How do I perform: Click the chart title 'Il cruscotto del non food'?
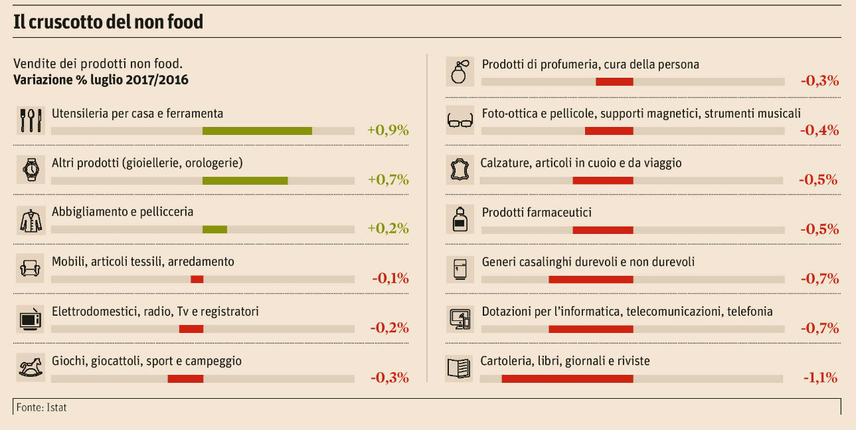[108, 22]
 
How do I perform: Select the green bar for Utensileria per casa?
[257, 131]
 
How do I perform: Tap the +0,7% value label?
[388, 179]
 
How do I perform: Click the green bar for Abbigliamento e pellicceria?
[214, 229]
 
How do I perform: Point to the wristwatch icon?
[31, 170]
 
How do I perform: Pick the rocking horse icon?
[31, 368]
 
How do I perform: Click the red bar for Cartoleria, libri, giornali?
[567, 378]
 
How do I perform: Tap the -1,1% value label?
[820, 377]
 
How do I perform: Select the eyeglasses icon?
[460, 120]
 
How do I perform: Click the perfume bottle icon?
[460, 71]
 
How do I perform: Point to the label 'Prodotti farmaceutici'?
[537, 213]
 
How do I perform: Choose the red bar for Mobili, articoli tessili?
[197, 279]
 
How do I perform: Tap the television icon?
[31, 319]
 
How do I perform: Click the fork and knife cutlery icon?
[31, 120]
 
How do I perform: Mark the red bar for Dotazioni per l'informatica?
[590, 329]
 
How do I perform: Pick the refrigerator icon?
[460, 269]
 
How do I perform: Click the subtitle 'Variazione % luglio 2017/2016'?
[101, 80]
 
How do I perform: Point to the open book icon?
[460, 368]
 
